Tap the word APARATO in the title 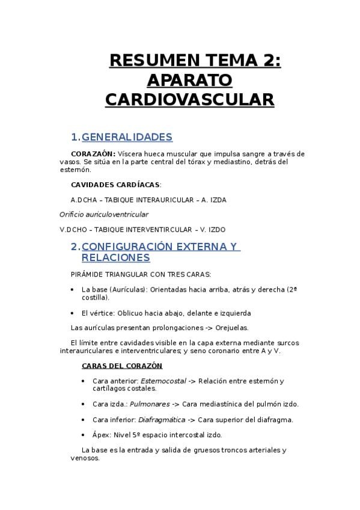(x=189, y=79)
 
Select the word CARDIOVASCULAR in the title (x=189, y=99)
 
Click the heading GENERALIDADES (x=127, y=137)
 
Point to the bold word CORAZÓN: (x=93, y=154)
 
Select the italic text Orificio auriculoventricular (x=104, y=214)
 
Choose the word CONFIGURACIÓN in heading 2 (x=123, y=247)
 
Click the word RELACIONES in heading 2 (x=115, y=258)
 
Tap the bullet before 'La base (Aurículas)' (x=73, y=290)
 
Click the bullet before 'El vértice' (x=73, y=313)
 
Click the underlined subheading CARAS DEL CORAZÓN (x=121, y=366)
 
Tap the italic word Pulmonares (x=150, y=404)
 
